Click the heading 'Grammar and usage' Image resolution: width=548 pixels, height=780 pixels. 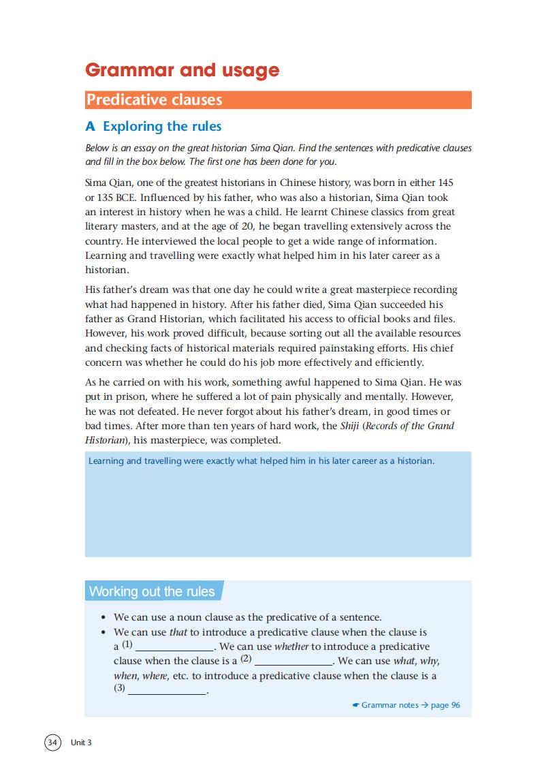tap(182, 70)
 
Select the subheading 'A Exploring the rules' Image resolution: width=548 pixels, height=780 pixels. tap(153, 126)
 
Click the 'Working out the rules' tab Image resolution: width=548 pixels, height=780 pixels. tap(152, 591)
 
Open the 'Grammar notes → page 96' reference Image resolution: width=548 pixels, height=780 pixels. tap(407, 705)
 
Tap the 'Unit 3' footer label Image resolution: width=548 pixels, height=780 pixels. tap(80, 743)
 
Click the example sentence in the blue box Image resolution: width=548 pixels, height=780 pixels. tap(261, 461)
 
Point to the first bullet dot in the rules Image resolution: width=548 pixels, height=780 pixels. tap(103, 618)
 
